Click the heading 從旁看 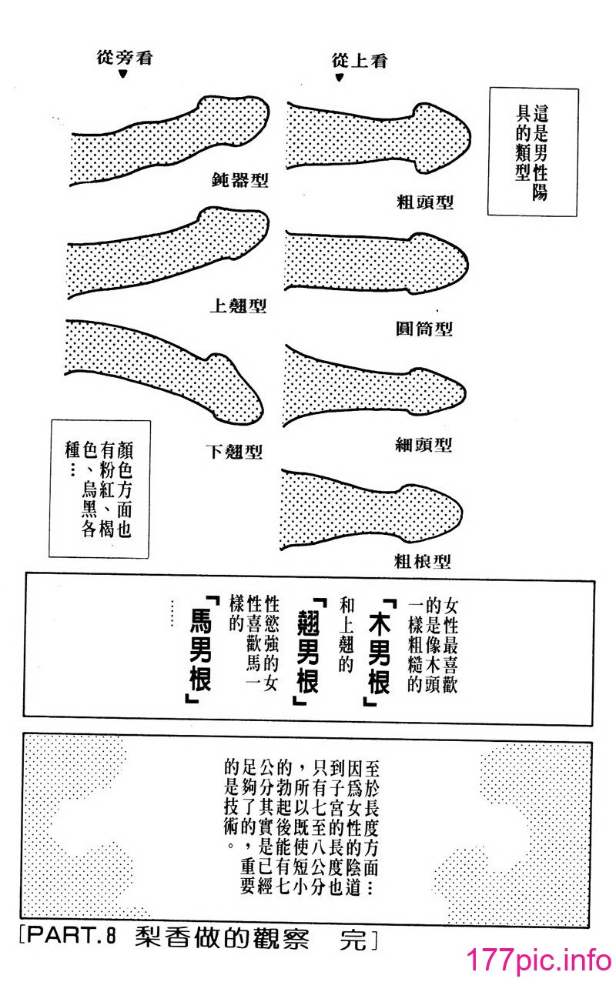tap(125, 58)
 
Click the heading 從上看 tap(360, 61)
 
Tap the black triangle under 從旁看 tap(123, 74)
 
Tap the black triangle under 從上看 tap(339, 78)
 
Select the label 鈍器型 tap(240, 180)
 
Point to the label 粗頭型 tap(425, 202)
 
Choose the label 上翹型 tap(238, 306)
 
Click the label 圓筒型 tap(423, 329)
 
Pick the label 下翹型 tap(234, 452)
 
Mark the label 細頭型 tap(423, 446)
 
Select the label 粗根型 tap(422, 561)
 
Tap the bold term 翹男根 tap(308, 651)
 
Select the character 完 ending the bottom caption tap(353, 938)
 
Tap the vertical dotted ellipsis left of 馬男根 tap(172, 613)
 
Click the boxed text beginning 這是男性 tap(532, 152)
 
